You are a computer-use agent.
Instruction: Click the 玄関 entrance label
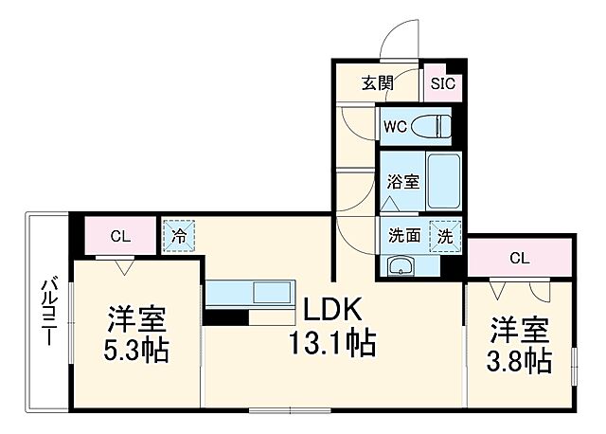[x=376, y=83]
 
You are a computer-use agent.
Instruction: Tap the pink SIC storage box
[x=442, y=83]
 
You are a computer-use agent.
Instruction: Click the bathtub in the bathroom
[x=443, y=180]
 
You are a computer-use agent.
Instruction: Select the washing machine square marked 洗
[x=443, y=236]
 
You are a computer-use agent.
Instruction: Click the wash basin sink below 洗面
[x=402, y=265]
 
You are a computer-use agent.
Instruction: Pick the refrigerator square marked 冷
[x=177, y=234]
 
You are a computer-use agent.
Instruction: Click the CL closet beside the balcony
[x=118, y=236]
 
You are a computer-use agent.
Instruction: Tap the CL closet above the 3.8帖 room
[x=519, y=257]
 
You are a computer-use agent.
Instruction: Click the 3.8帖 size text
[x=520, y=360]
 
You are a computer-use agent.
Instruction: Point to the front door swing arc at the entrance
[x=396, y=43]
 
